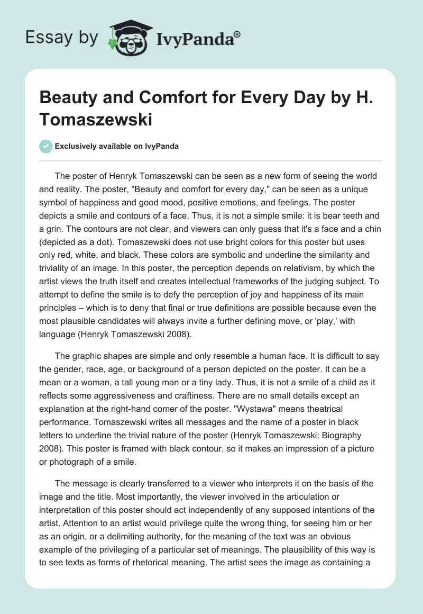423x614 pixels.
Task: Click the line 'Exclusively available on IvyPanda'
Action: pyautogui.click(x=117, y=147)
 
